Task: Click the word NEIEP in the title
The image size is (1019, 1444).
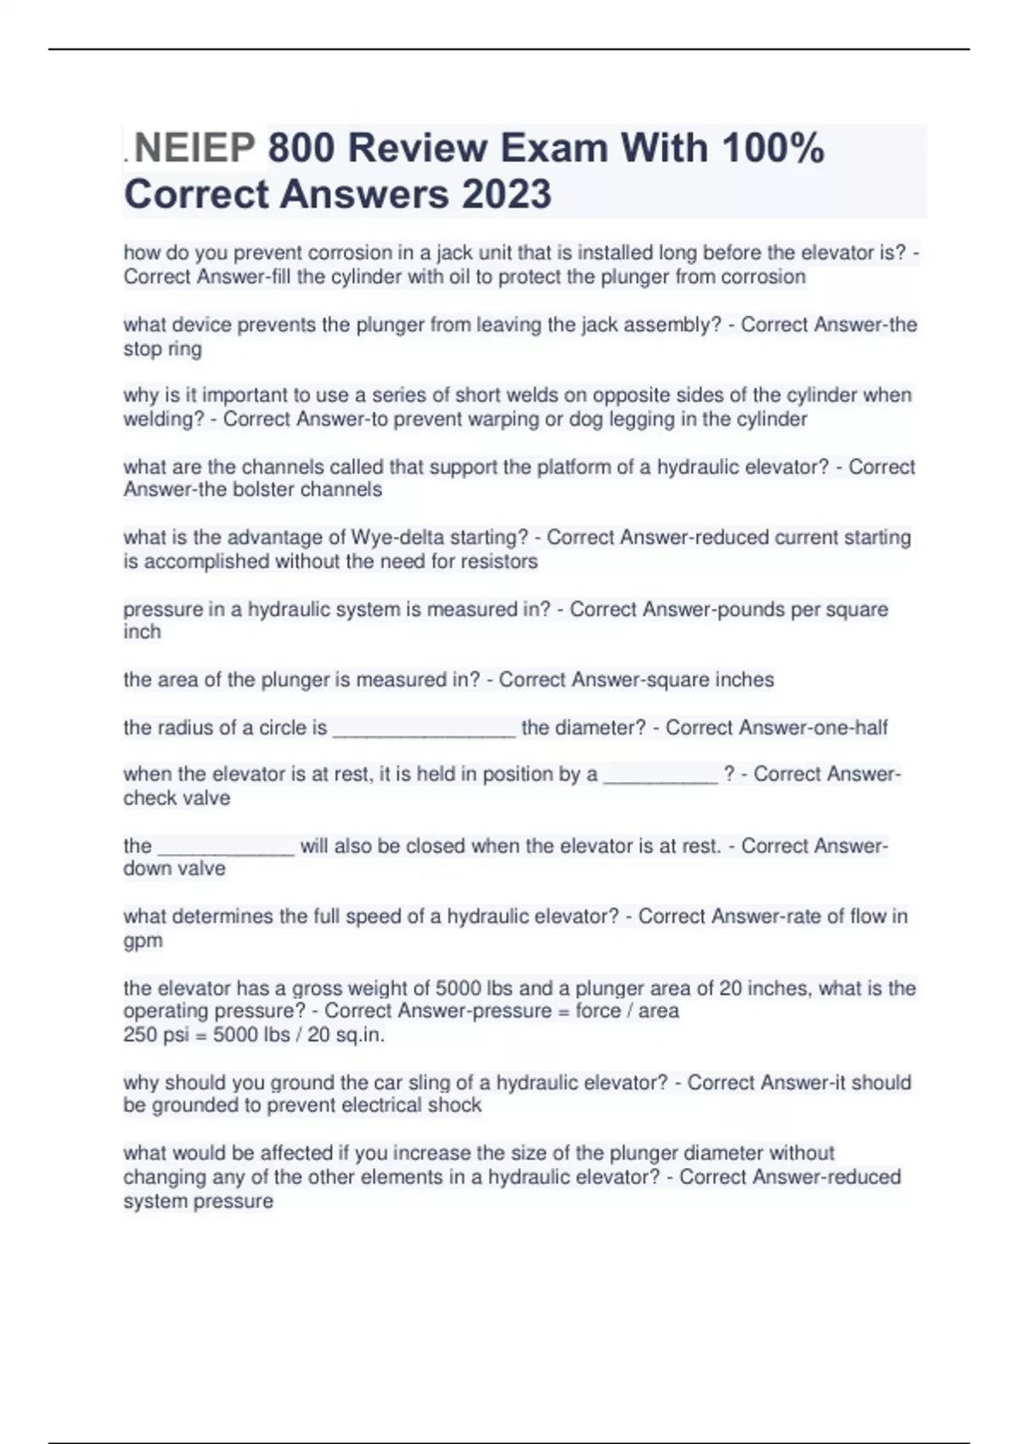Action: tap(194, 149)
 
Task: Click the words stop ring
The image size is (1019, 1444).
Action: tap(162, 349)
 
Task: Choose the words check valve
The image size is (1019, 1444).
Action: tap(177, 798)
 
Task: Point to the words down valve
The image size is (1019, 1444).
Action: tap(174, 869)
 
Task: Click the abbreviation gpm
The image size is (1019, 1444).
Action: tap(143, 942)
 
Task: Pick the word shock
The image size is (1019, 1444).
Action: tap(458, 1106)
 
